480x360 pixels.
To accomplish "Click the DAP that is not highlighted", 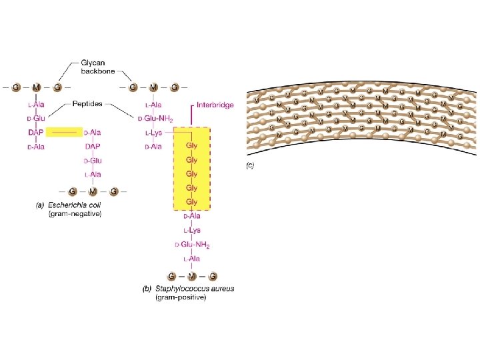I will pyautogui.click(x=93, y=147).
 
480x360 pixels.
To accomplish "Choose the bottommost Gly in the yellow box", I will pyautogui.click(x=192, y=201).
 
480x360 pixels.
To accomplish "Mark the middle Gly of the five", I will pyautogui.click(x=192, y=174).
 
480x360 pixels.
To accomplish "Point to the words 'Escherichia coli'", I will pyautogui.click(x=75, y=205).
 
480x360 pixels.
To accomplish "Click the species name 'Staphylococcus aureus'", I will pyautogui.click(x=195, y=289).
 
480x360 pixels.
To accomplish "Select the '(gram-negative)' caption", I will pyautogui.click(x=75, y=213).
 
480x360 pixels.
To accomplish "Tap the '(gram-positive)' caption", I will pyautogui.click(x=181, y=297).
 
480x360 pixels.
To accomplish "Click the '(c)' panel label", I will pyautogui.click(x=251, y=166).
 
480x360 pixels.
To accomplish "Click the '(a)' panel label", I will pyautogui.click(x=39, y=205).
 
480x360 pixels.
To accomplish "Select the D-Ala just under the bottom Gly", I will pyautogui.click(x=192, y=216).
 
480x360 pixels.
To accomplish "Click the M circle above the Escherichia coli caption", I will pyautogui.click(x=93, y=191).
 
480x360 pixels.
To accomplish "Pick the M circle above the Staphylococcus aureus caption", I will pyautogui.click(x=192, y=275).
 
